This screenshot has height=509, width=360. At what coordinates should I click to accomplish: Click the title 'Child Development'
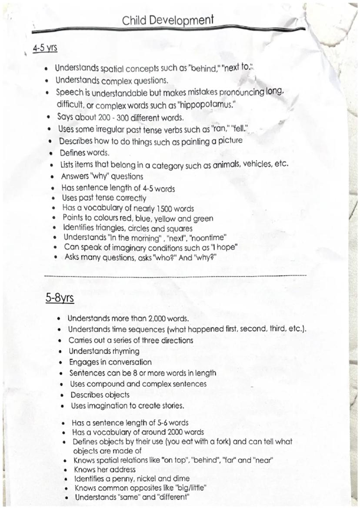tap(168, 20)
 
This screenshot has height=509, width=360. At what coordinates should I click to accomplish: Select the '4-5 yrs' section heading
tap(45, 47)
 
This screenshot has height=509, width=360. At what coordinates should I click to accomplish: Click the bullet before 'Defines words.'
tap(51, 153)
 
